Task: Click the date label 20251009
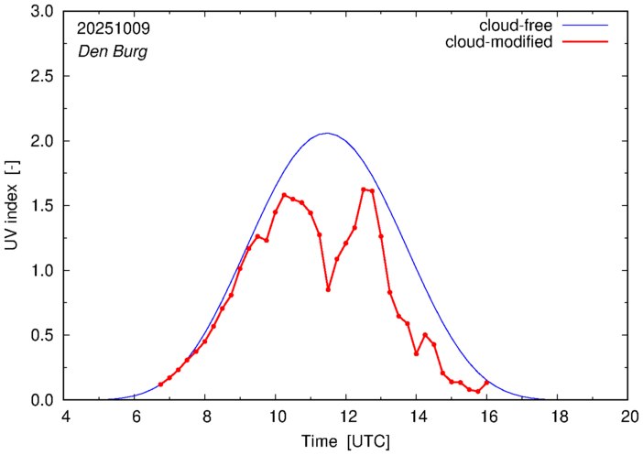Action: [x=113, y=28]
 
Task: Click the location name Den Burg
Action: [x=112, y=51]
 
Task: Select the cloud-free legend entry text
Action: [x=509, y=25]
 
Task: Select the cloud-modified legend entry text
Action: [x=498, y=42]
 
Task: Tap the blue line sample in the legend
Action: [x=587, y=26]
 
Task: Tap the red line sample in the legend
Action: [x=587, y=42]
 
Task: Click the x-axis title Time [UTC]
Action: [x=346, y=441]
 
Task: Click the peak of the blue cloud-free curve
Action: [x=326, y=134]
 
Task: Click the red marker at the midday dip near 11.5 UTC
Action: [x=328, y=289]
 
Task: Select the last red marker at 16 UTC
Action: [x=486, y=383]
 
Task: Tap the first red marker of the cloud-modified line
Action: [x=160, y=385]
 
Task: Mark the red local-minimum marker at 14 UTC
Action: [x=416, y=353]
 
